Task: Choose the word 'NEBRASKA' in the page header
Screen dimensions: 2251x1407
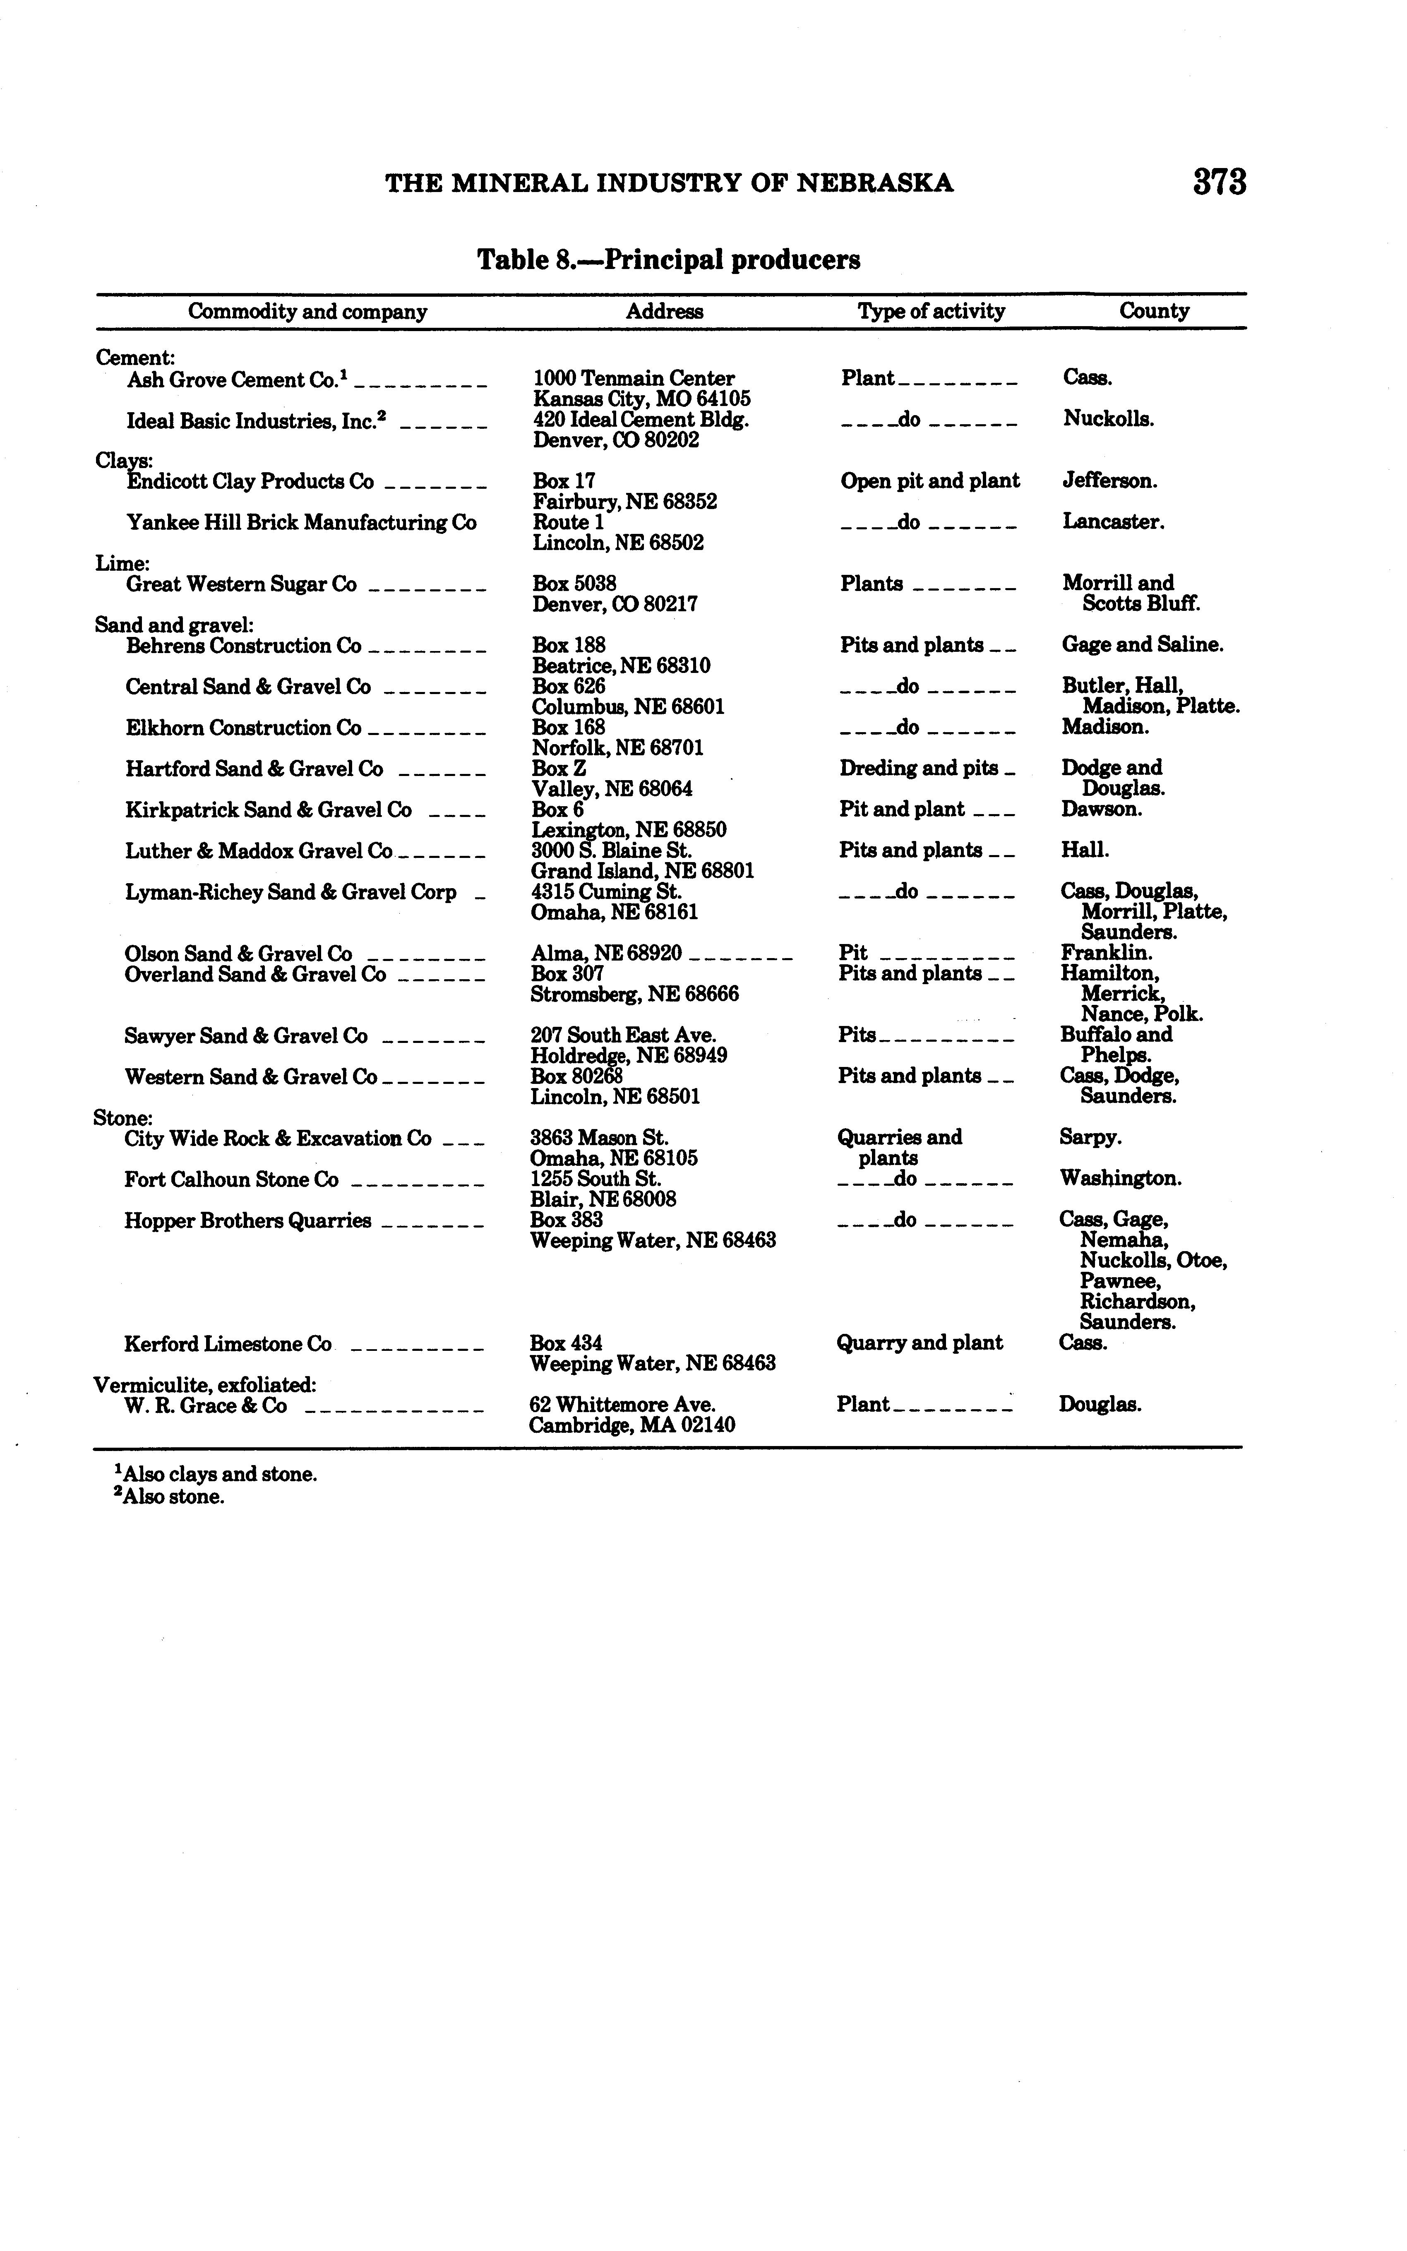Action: tap(876, 183)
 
